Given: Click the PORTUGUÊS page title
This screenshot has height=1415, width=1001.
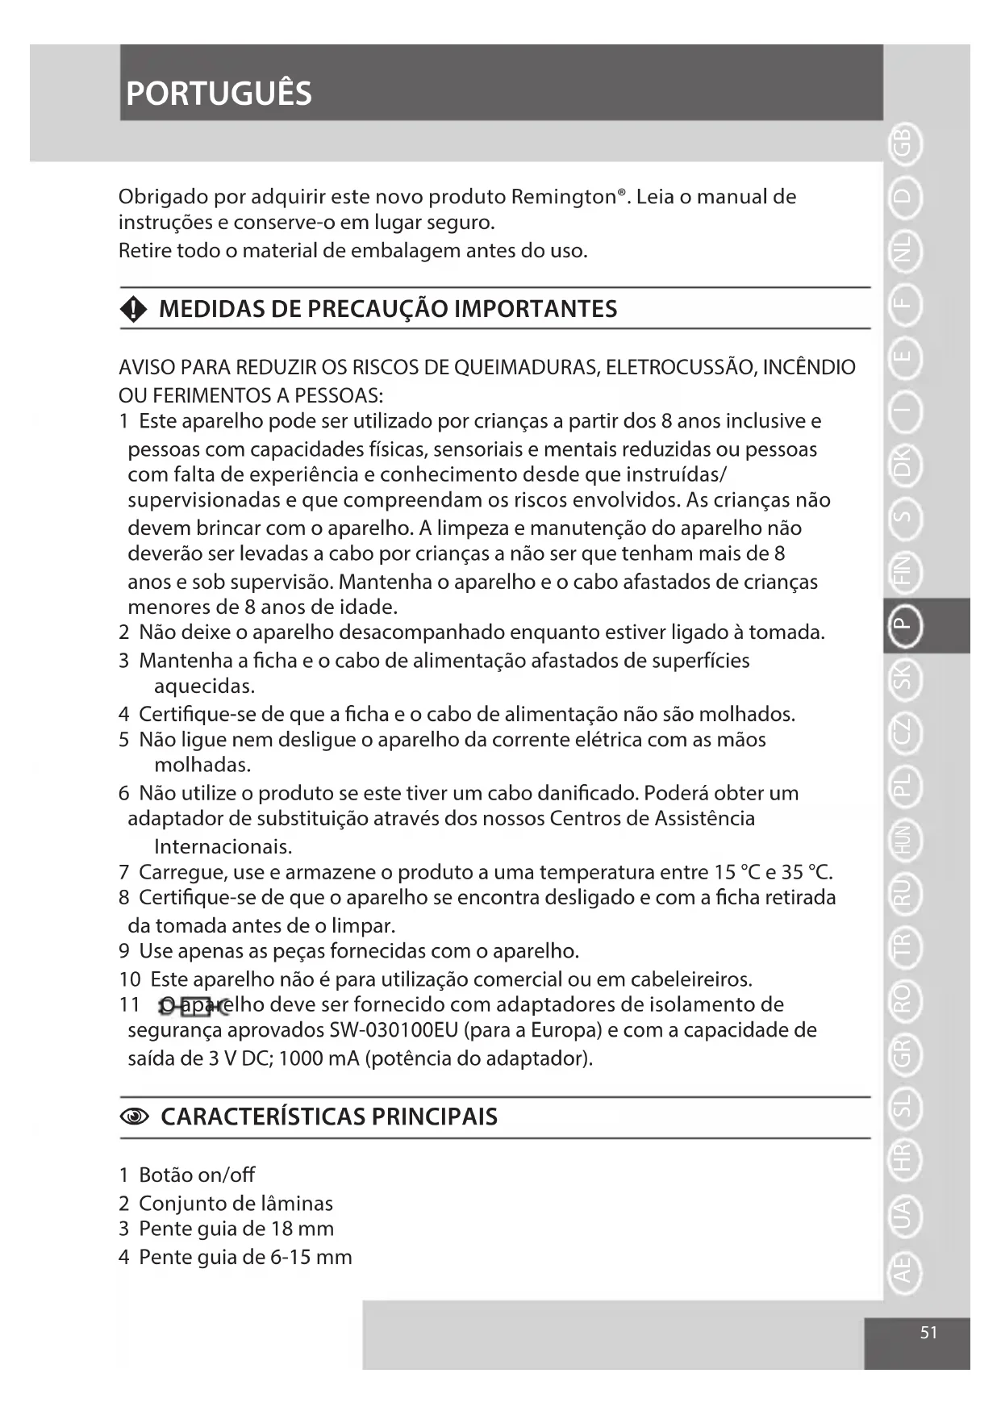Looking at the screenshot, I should [x=219, y=94].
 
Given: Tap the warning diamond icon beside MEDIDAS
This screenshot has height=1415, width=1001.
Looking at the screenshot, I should [x=133, y=309].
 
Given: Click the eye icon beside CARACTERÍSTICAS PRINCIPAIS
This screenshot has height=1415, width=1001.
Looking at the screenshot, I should [x=134, y=1117].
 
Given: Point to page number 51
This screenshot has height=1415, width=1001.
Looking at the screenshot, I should [x=928, y=1333].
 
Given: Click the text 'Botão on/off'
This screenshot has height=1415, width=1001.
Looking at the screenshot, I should [x=197, y=1175].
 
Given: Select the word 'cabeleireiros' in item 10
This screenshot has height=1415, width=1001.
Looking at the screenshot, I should [x=690, y=979].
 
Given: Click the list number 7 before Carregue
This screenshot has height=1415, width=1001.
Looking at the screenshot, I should [x=123, y=872].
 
